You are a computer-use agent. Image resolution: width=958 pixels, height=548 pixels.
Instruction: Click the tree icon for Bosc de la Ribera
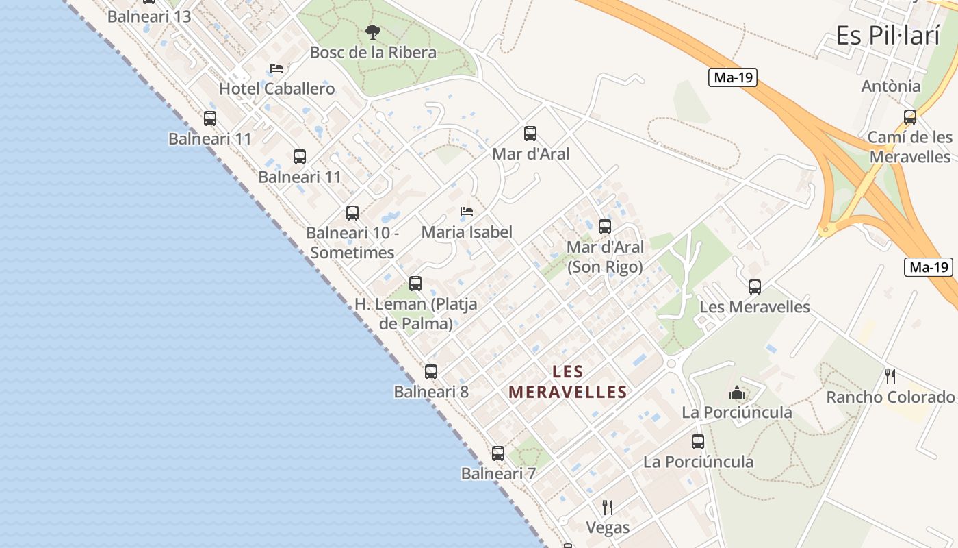372,32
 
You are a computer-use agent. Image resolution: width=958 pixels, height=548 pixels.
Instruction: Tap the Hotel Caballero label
277,89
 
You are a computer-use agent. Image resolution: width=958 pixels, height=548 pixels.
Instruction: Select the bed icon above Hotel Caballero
276,68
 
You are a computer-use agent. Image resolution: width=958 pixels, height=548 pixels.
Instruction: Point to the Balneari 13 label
149,16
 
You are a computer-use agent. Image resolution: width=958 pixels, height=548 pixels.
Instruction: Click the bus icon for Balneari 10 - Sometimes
352,213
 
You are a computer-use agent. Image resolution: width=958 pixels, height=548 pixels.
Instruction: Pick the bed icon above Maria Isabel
467,211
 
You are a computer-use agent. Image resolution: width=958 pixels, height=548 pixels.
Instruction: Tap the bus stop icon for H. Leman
415,284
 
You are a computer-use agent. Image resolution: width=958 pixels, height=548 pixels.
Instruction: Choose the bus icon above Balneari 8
431,372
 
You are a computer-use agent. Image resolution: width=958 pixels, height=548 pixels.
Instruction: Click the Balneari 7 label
498,473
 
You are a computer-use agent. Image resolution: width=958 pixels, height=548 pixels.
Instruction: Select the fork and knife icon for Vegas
607,507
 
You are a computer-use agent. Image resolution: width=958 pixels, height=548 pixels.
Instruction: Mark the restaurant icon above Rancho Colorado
890,376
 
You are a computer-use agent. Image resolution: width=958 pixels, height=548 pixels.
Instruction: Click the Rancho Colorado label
890,397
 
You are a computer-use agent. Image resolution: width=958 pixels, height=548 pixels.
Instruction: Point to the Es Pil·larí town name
888,36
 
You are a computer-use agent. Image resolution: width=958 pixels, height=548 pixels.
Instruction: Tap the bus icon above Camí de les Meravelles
910,117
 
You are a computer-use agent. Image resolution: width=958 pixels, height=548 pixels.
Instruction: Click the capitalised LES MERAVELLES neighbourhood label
568,382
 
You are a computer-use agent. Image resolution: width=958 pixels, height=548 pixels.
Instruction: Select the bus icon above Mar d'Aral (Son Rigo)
605,227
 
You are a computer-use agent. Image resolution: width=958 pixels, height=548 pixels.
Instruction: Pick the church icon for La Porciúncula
737,393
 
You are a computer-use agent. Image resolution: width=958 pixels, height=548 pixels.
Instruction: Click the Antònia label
891,86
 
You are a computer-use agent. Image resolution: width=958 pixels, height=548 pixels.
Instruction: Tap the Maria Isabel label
467,232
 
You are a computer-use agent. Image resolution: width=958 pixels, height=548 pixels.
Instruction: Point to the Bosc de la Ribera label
373,53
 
